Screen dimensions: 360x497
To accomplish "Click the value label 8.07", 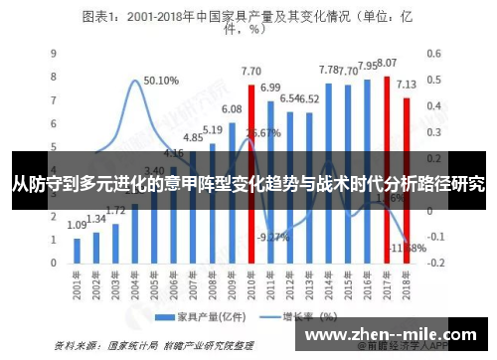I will click(388, 62).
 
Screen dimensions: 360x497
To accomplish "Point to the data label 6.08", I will click(232, 108).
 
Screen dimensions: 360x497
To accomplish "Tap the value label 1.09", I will click(78, 225).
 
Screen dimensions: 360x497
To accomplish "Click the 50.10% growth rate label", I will click(161, 81).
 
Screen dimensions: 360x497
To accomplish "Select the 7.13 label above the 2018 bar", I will click(407, 85).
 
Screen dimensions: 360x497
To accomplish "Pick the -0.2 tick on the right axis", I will click(434, 263).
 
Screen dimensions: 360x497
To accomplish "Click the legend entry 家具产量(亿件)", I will click(200, 318).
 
